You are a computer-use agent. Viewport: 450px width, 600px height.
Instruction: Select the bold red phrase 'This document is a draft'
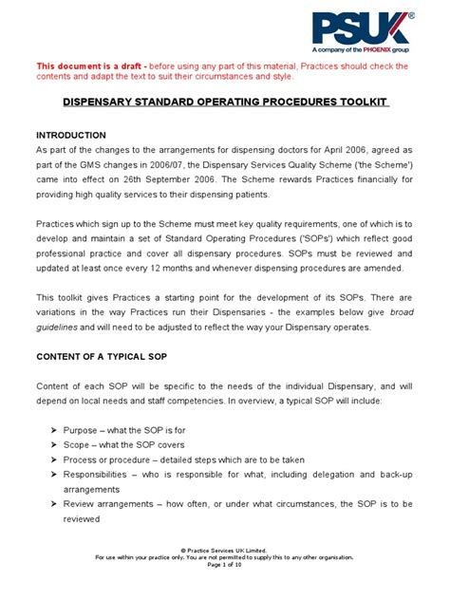91,66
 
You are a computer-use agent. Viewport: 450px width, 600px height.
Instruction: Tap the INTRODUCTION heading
75,134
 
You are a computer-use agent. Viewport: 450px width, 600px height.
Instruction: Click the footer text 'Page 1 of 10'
224,591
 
